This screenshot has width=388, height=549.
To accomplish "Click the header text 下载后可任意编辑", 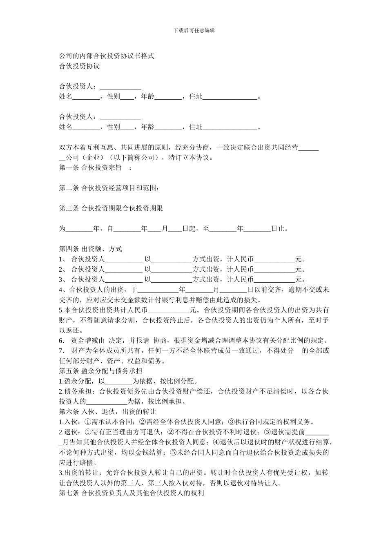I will (x=194, y=30).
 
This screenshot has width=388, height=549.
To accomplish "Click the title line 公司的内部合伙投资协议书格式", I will (x=107, y=56).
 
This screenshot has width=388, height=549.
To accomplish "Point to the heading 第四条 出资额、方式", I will (x=90, y=249).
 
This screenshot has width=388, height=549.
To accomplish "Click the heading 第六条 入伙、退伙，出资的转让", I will (x=107, y=412).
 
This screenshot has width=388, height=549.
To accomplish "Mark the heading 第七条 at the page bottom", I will (x=69, y=493).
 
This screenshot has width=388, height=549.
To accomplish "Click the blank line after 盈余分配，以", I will (x=119, y=382).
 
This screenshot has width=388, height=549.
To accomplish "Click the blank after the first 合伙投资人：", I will (x=120, y=87).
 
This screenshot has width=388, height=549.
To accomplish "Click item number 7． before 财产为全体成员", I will (x=63, y=350).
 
